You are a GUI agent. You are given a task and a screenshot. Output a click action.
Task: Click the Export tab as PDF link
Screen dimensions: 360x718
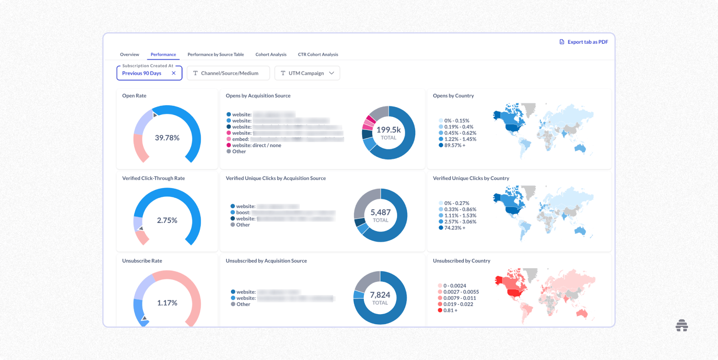pyautogui.click(x=584, y=42)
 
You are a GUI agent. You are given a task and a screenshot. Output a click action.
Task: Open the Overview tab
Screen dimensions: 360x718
pyautogui.click(x=130, y=55)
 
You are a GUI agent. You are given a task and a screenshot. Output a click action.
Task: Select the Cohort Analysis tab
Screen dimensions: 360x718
pyautogui.click(x=271, y=55)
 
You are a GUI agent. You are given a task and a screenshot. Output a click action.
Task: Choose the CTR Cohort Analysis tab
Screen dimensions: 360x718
pyautogui.click(x=318, y=55)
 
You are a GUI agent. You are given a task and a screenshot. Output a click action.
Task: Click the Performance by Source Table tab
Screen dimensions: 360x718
pyautogui.click(x=215, y=55)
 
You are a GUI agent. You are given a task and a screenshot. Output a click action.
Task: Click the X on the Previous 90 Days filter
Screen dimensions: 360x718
pyautogui.click(x=174, y=73)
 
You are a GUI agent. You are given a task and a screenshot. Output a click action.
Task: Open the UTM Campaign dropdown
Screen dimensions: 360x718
pyautogui.click(x=307, y=73)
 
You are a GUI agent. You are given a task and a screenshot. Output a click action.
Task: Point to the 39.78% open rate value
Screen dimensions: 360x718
pyautogui.click(x=167, y=138)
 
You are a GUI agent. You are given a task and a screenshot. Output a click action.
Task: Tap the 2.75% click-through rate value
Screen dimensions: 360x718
pyautogui.click(x=167, y=220)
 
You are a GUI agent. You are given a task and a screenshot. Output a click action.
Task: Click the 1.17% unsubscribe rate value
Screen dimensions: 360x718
pyautogui.click(x=167, y=303)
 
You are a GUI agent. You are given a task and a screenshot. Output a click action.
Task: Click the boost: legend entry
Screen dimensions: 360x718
pyautogui.click(x=243, y=212)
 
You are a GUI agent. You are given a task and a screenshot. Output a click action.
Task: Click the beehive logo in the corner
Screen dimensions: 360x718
pyautogui.click(x=682, y=325)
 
